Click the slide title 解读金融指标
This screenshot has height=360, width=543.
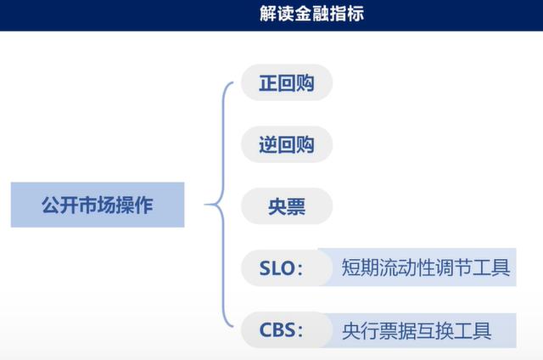coord(311,14)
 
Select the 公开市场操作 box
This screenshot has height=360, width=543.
coord(98,205)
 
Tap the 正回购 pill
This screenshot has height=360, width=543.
coord(287,83)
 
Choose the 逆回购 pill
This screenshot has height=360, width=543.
coord(287,144)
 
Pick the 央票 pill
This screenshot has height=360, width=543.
coord(287,206)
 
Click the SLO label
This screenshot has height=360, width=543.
coord(277,268)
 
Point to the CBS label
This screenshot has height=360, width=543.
coord(277,329)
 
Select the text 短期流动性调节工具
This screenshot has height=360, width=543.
coord(426,267)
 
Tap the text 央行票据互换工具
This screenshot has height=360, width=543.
coord(417,330)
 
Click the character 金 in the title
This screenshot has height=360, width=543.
coord(303,14)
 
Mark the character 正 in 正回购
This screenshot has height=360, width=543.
coord(268,83)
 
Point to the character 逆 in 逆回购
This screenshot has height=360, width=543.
coord(268,145)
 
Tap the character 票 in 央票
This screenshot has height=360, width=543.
coord(296,206)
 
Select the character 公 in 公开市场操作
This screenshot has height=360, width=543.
coord(51,205)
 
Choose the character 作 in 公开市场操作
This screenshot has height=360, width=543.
coord(144,205)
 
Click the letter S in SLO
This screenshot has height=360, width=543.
coord(265,268)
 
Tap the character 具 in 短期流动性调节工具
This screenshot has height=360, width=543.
coord(501,267)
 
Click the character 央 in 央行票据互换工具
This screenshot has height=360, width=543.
coord(351,330)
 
